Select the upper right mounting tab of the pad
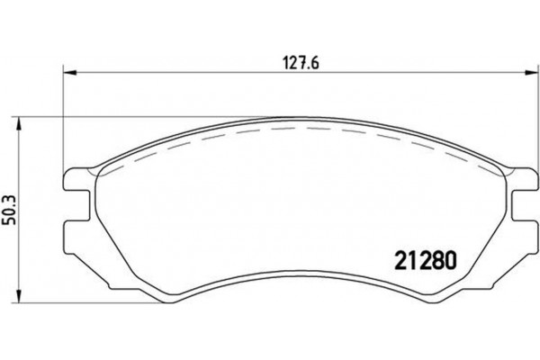522,190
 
